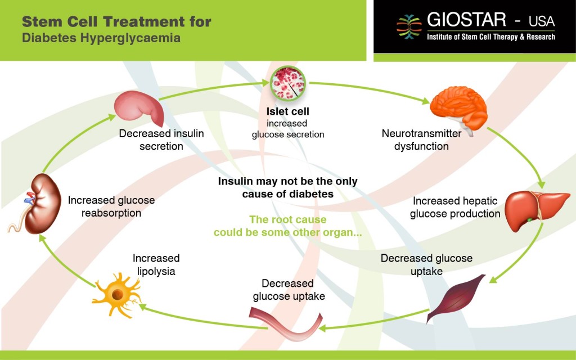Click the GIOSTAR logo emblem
click(409, 26)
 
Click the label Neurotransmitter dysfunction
click(421, 140)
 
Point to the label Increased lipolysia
click(156, 264)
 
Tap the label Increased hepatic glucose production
click(455, 208)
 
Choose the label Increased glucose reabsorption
click(111, 206)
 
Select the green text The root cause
click(287, 219)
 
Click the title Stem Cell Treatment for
click(116, 22)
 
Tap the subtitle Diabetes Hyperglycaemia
click(101, 38)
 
